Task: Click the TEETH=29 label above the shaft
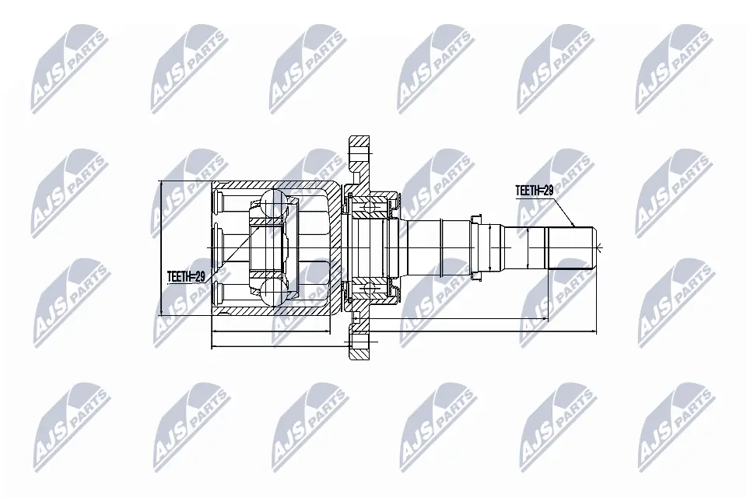click(x=534, y=191)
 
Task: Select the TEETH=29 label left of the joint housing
click(x=186, y=276)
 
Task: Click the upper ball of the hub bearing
click(x=368, y=207)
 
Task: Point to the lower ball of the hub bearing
click(x=368, y=288)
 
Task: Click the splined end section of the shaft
click(x=570, y=247)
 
